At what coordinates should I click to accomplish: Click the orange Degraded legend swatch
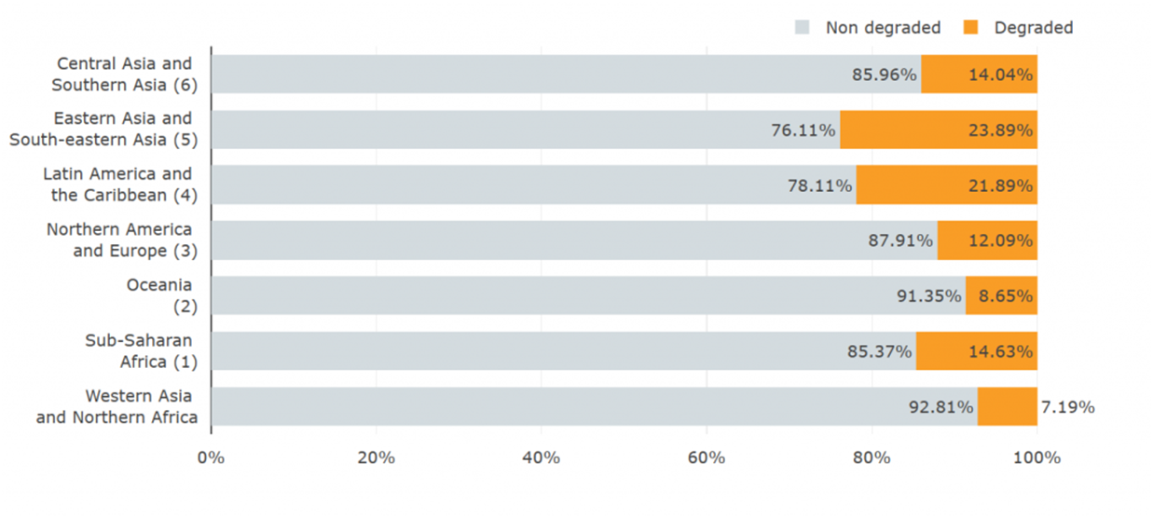[x=970, y=27]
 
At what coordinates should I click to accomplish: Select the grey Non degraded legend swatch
[x=802, y=27]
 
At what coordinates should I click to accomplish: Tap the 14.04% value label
[x=1001, y=75]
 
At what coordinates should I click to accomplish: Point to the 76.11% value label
[x=803, y=130]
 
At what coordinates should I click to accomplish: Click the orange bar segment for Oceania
[x=1001, y=295]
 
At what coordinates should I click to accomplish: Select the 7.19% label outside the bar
[x=1067, y=407]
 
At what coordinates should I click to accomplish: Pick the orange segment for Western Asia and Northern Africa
[x=1008, y=406]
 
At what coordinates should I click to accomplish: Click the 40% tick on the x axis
[x=541, y=458]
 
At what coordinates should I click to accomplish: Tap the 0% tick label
[x=211, y=458]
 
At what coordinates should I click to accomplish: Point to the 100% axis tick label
[x=1036, y=458]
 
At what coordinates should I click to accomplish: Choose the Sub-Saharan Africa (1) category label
[x=141, y=351]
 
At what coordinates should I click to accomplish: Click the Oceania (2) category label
[x=162, y=295]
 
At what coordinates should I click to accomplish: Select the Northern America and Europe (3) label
[x=122, y=240]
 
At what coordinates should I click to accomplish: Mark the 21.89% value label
[x=1001, y=185]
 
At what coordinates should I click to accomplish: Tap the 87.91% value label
[x=900, y=240]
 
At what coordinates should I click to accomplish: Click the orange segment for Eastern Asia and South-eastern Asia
[x=939, y=130]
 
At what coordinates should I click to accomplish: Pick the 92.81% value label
[x=940, y=407]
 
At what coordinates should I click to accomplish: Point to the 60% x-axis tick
[x=707, y=458]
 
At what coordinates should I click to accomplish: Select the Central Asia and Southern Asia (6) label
[x=125, y=74]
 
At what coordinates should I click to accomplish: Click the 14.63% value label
[x=1001, y=351]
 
